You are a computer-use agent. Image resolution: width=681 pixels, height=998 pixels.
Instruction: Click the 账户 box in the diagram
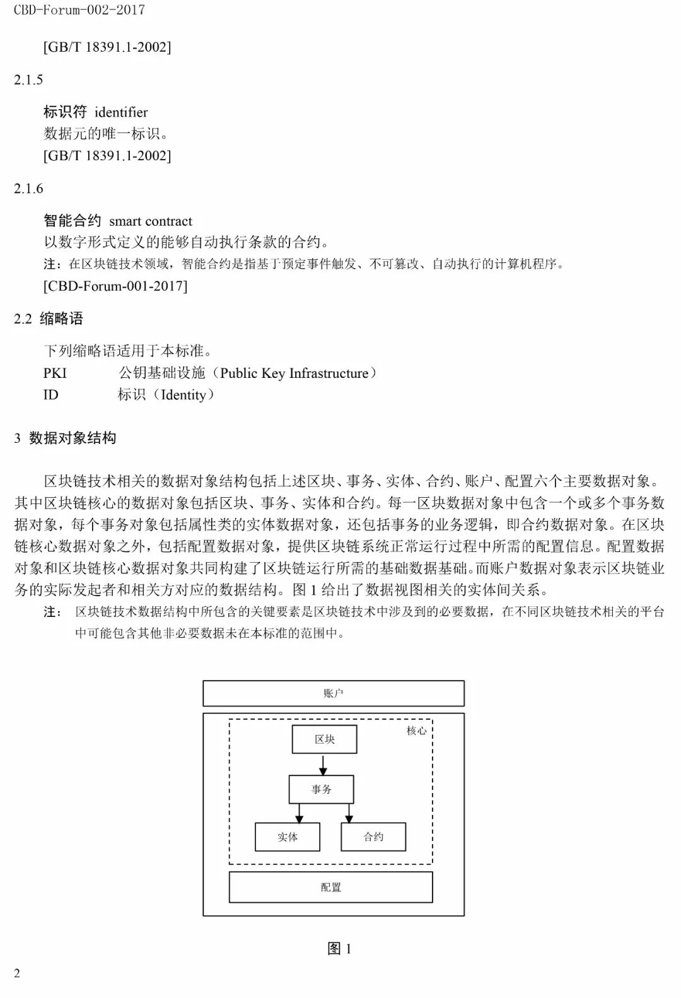point(333,693)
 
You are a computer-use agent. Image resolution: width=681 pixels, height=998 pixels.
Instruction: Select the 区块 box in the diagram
point(324,739)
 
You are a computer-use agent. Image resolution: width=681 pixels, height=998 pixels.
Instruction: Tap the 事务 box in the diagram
point(321,789)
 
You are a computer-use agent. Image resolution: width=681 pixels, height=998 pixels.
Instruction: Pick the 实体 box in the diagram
point(287,837)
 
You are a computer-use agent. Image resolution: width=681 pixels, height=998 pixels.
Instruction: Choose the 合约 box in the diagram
point(373,837)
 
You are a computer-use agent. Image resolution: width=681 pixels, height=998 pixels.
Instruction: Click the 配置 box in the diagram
point(330,887)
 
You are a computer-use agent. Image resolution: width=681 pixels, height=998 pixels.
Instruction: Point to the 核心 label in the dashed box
point(416,731)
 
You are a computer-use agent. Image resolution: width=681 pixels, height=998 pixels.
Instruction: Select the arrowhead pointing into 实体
point(300,818)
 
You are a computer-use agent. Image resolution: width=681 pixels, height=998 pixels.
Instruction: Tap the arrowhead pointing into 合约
point(349,818)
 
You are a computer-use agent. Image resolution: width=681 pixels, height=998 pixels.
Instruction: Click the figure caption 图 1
point(339,948)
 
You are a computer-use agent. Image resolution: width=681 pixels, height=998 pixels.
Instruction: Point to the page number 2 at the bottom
point(17,973)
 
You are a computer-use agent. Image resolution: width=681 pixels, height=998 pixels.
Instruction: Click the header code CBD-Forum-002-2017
point(79,10)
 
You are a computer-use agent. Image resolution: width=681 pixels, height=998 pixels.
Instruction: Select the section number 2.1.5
point(28,79)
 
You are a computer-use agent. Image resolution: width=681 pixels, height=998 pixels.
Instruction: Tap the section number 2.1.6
point(28,188)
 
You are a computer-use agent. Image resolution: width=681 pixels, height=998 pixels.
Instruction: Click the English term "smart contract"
point(151,221)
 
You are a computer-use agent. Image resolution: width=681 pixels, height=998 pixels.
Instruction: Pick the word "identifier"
point(121,112)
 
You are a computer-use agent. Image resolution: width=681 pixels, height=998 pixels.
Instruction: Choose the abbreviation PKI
point(55,373)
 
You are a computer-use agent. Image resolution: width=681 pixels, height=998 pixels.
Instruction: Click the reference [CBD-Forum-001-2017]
point(115,286)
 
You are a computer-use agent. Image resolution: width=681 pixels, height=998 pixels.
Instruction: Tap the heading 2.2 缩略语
point(49,319)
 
